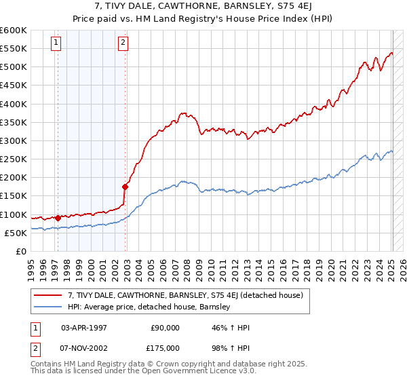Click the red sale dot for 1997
[x=58, y=218]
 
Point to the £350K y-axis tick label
[x=13, y=123]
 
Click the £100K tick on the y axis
[x=13, y=214]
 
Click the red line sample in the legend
[x=48, y=294]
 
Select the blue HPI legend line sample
[x=48, y=307]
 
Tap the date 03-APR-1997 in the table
[x=84, y=328]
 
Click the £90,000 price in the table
[x=165, y=328]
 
